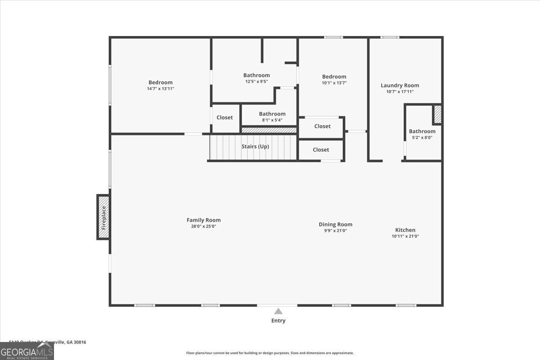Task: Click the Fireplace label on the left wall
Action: (103, 217)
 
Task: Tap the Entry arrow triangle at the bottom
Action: (279, 311)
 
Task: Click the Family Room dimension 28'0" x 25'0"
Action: (203, 226)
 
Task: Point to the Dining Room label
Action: (335, 224)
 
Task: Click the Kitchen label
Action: (405, 230)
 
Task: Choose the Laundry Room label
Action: (400, 85)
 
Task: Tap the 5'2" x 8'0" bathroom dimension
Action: (422, 138)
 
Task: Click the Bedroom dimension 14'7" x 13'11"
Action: (160, 89)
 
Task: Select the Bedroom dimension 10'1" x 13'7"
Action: (334, 83)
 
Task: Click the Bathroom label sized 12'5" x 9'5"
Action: (256, 75)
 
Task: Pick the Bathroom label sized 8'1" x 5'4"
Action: (272, 114)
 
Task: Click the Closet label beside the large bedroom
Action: (225, 117)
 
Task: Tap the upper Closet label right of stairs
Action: (322, 126)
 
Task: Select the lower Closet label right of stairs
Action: (321, 149)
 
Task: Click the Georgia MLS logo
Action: (27, 351)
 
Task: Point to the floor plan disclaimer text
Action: (270, 353)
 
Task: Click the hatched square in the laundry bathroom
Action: (437, 114)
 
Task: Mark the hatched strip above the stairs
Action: (269, 130)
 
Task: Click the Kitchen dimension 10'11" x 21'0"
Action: (405, 236)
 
